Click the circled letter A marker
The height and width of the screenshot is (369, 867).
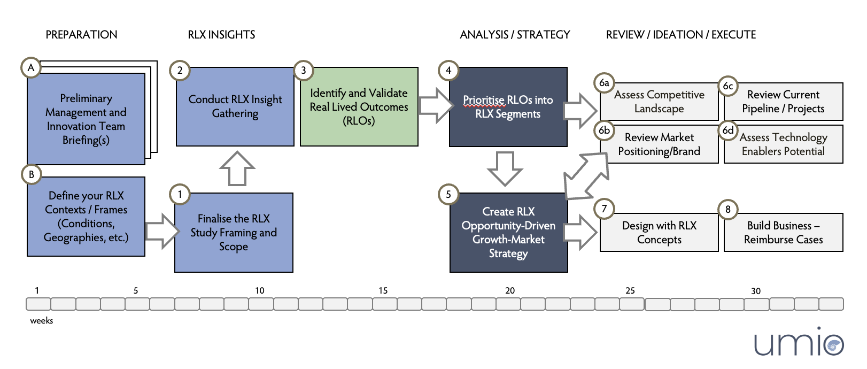tap(31, 68)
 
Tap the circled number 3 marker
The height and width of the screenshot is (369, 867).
tap(304, 71)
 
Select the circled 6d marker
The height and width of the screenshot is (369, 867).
tap(728, 130)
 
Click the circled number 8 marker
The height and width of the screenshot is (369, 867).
tap(728, 210)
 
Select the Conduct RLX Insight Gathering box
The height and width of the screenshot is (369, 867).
tap(235, 106)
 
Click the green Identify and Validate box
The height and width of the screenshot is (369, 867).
tap(359, 107)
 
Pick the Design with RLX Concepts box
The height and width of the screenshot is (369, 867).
tap(659, 233)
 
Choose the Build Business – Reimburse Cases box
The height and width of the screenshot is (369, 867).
tap(783, 233)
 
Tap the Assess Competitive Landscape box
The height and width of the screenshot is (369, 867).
tap(659, 102)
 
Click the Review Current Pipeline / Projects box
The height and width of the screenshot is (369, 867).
tap(783, 102)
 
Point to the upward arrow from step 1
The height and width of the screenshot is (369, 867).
tap(237, 168)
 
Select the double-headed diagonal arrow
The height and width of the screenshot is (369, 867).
tap(586, 176)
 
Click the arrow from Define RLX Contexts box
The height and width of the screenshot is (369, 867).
tap(161, 231)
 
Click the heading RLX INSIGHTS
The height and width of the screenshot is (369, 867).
tap(221, 35)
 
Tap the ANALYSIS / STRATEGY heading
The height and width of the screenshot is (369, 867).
tap(515, 35)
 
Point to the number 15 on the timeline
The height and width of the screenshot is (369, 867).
tap(383, 291)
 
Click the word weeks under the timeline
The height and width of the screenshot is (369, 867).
tap(42, 321)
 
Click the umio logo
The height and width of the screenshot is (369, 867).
tap(799, 343)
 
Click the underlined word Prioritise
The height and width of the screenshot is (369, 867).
tap(483, 101)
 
